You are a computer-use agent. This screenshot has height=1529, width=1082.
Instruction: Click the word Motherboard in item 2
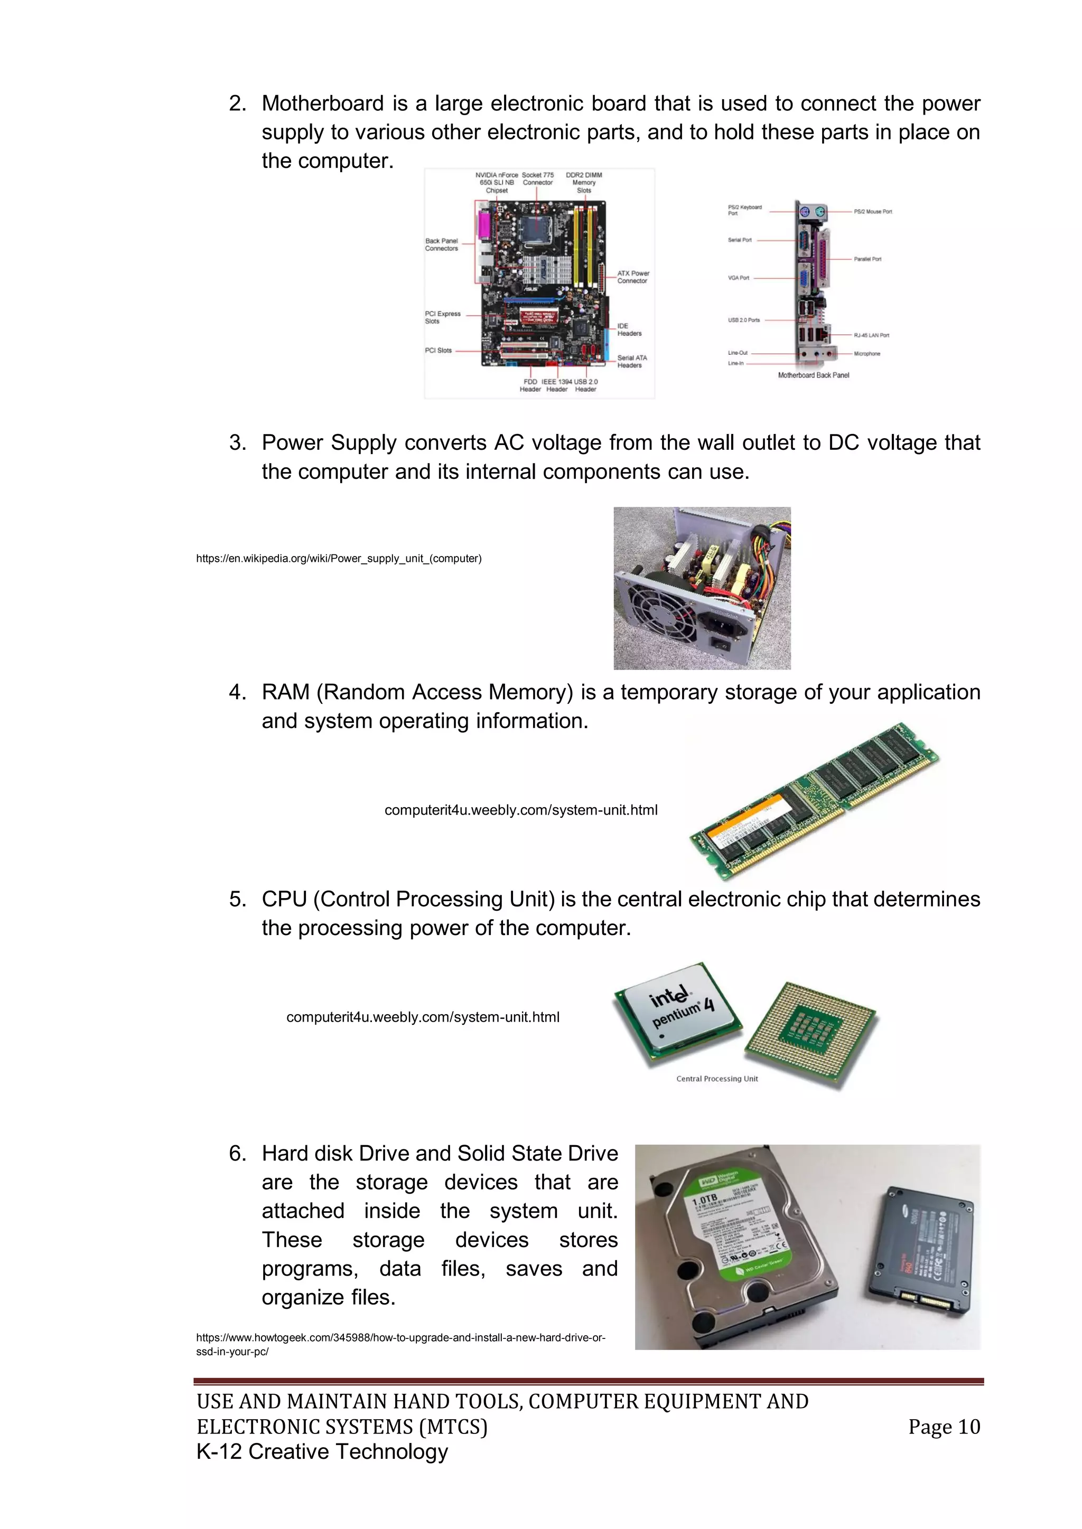[x=322, y=104]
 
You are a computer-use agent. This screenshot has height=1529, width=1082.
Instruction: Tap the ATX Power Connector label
[x=632, y=277]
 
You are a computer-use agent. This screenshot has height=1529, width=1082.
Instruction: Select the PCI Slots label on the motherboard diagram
[x=439, y=350]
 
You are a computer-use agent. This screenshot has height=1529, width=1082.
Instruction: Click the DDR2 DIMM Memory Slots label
[x=584, y=183]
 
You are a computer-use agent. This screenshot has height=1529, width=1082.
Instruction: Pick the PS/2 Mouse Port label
[x=872, y=212]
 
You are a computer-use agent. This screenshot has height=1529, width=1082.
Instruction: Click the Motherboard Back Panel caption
[x=813, y=375]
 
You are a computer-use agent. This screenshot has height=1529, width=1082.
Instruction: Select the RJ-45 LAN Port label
[x=871, y=336]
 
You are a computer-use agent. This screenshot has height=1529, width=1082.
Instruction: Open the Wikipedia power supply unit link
[x=339, y=559]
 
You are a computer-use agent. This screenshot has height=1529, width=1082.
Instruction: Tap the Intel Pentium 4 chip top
[x=678, y=1010]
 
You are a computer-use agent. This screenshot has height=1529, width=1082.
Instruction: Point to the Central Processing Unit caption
[x=717, y=1079]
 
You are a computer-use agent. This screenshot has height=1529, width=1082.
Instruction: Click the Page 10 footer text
[x=944, y=1427]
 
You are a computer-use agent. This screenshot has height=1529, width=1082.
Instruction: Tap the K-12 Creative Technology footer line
[x=322, y=1452]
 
